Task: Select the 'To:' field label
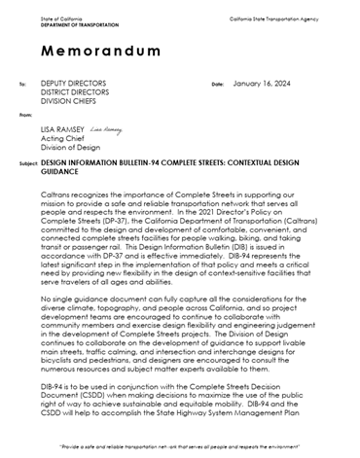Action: (x=22, y=85)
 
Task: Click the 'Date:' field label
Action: (x=217, y=85)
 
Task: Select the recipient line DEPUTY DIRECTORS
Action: (x=74, y=84)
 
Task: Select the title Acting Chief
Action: (x=60, y=138)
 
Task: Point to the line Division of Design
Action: (x=70, y=147)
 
